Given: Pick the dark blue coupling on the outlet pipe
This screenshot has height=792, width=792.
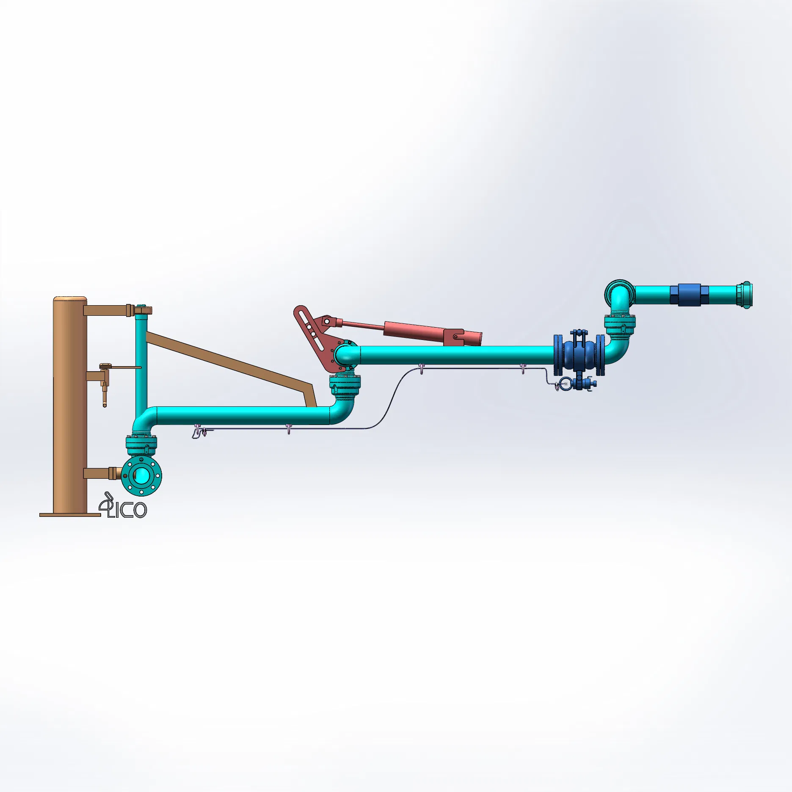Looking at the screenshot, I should point(689,295).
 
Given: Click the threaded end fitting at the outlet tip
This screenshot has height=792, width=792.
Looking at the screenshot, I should point(745,295).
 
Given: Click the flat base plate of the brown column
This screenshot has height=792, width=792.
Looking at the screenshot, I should point(70,515).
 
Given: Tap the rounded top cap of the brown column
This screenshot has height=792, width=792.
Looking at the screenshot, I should point(70,300).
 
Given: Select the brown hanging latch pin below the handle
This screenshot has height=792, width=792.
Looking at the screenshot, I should point(105,394).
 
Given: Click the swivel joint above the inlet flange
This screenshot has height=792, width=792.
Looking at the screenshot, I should point(141,444).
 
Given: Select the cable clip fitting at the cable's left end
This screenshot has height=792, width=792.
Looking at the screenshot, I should point(199,433).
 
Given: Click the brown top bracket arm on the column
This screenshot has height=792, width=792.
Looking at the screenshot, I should point(106,310).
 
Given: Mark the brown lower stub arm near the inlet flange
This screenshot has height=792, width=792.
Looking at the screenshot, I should point(98,473).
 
